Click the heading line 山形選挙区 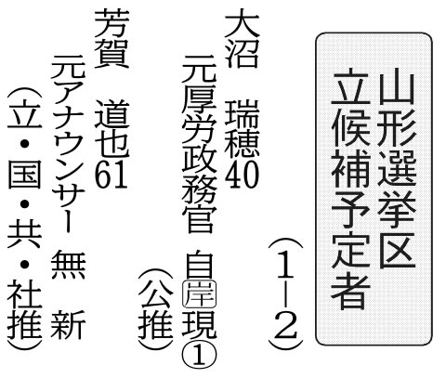pos(397,169)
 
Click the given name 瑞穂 pos(242,128)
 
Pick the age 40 pos(242,174)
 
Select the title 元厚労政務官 pos(199,144)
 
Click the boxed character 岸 pos(199,293)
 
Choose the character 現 pos(199,324)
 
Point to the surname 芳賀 pos(111,38)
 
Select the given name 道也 pos(111,128)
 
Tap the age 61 pos(111,174)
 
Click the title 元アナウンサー pos(68,144)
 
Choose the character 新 pos(68,324)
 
